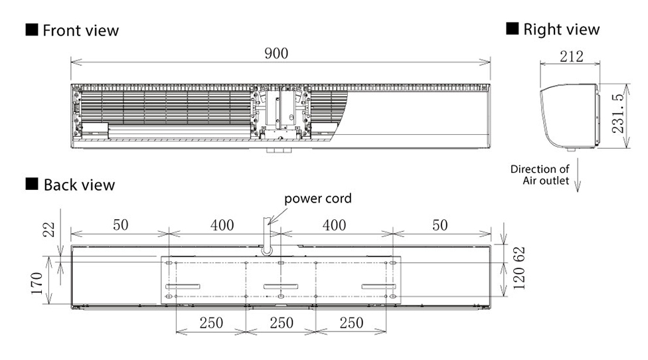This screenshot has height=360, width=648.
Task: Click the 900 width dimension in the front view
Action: tap(276, 54)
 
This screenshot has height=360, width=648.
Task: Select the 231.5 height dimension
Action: tap(617, 114)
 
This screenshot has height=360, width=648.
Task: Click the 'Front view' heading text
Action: tap(80, 31)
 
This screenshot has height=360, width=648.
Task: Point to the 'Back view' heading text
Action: tap(79, 185)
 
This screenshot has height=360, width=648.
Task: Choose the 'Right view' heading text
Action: tap(561, 29)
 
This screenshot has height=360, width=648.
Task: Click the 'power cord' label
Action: tap(318, 199)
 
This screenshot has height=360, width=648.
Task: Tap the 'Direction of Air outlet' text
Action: tap(539, 175)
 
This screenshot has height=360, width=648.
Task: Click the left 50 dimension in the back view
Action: tap(120, 225)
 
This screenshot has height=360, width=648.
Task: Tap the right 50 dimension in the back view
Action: tap(440, 225)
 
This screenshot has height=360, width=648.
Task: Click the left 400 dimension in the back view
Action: tap(222, 225)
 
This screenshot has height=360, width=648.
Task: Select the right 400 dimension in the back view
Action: tap(334, 225)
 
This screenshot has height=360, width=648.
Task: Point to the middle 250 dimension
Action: tap(282, 323)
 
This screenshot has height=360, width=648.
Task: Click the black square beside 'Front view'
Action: tap(31, 31)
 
